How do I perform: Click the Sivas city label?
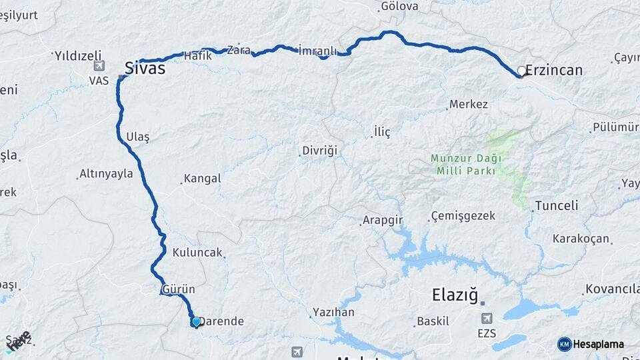tap(145, 67)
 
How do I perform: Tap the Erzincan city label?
tap(554, 70)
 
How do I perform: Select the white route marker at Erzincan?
tap(521, 71)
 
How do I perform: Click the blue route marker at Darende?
tap(196, 322)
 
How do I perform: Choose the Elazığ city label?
tap(456, 293)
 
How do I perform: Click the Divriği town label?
tap(320, 151)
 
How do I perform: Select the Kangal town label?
tap(202, 179)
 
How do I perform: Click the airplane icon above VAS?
tap(99, 66)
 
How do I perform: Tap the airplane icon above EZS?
tap(487, 318)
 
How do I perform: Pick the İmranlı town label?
tap(319, 50)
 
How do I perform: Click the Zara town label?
tap(239, 49)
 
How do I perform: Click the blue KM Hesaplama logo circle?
tap(564, 344)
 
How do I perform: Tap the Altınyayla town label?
tap(106, 174)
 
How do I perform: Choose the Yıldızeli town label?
tap(77, 54)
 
